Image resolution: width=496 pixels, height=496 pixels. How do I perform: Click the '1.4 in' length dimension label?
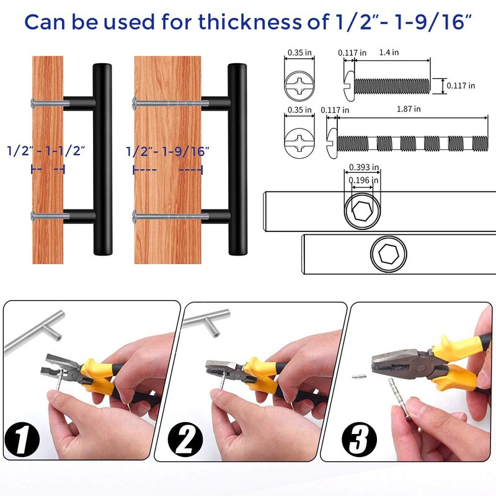point(389,53)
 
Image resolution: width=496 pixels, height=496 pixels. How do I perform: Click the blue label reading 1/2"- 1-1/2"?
point(46,151)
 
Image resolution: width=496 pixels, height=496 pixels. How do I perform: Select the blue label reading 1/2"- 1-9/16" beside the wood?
point(168,151)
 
